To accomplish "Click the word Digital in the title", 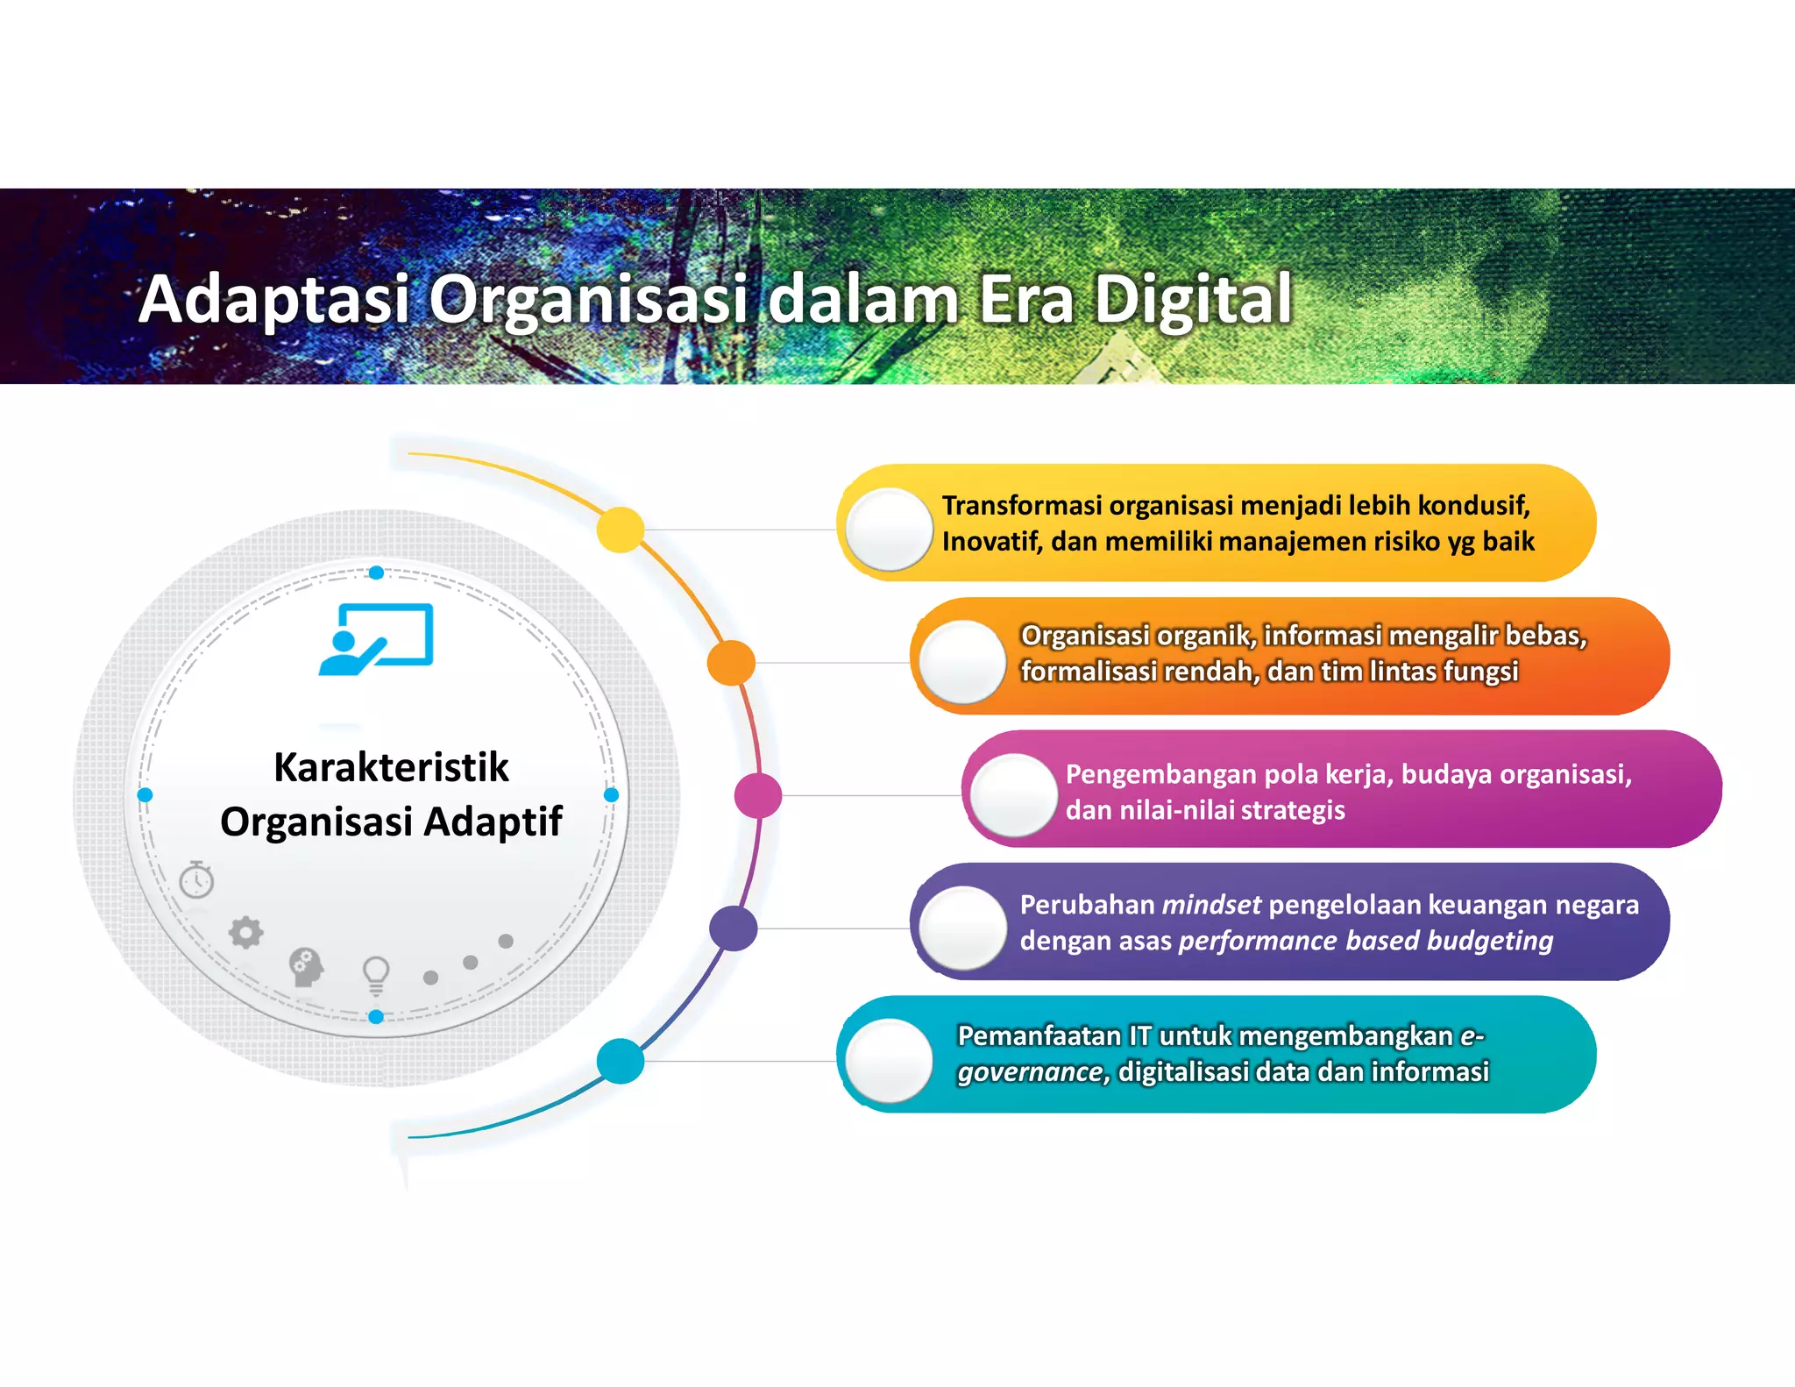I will [1193, 300].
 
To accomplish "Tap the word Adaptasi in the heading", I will [274, 300].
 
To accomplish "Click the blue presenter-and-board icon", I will [376, 639].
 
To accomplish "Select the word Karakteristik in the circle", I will [391, 767].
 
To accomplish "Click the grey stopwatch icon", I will [196, 879].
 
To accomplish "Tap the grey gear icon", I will [246, 933].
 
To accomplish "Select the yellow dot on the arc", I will [621, 530].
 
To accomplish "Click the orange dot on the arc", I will [731, 663].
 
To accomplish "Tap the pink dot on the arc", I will [758, 796].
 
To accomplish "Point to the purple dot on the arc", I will [733, 928].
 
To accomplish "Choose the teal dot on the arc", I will [621, 1061].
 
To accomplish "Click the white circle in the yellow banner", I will [889, 530].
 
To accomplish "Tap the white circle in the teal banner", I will [889, 1061].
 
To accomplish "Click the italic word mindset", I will [1211, 905].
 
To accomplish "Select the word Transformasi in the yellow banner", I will [1022, 506].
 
